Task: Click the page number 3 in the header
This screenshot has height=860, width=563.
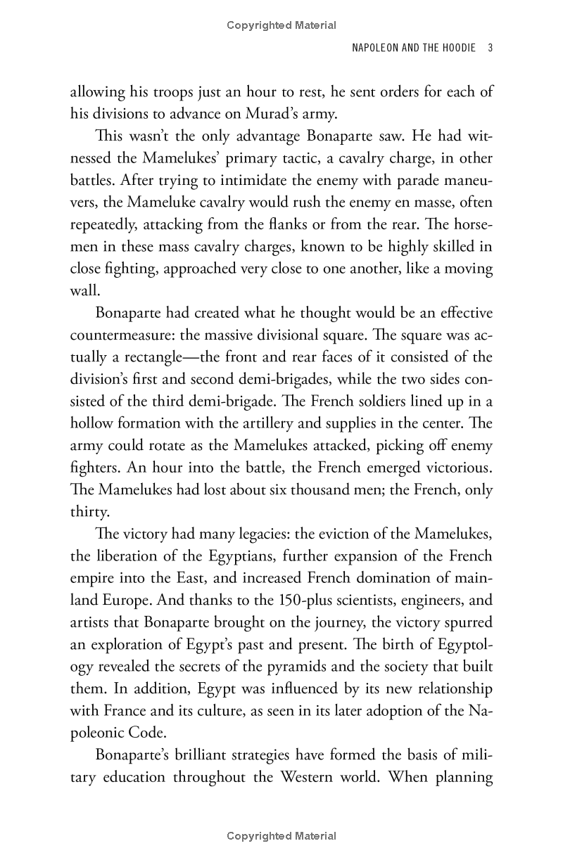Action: (489, 49)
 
